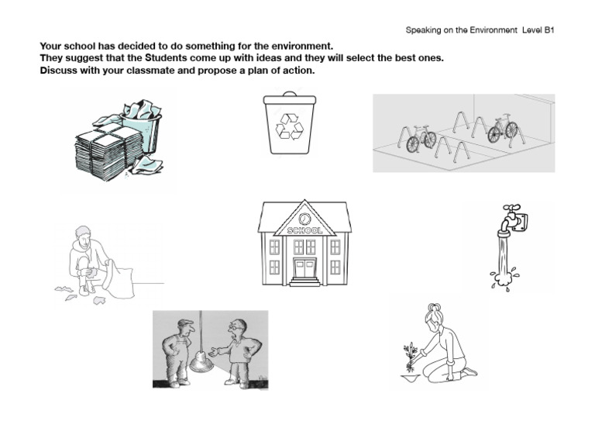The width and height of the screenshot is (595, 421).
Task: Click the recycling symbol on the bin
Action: tap(290, 126)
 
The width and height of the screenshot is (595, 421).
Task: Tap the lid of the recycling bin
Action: tap(290, 98)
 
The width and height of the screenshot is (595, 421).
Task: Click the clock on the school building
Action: tap(304, 219)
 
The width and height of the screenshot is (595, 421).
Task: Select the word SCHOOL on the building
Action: tap(304, 230)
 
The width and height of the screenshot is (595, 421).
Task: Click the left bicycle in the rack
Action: tap(421, 138)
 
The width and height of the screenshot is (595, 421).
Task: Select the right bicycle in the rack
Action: tap(502, 129)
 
